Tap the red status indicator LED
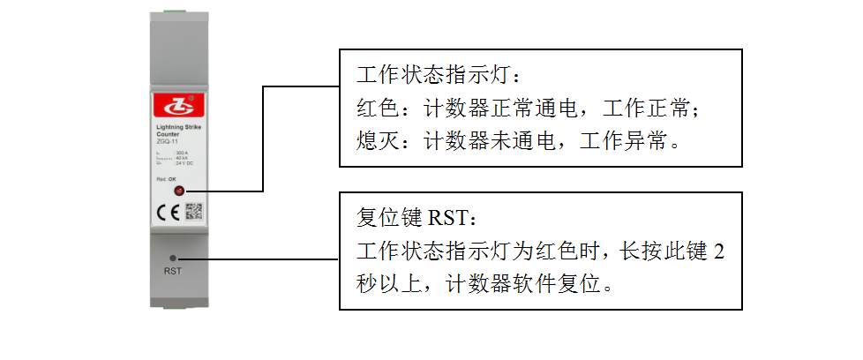pyautogui.click(x=179, y=191)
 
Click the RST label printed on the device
pyautogui.click(x=173, y=270)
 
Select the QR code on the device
pyautogui.click(x=194, y=212)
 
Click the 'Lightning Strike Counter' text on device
pyautogui.click(x=171, y=131)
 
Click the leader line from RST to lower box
pyautogui.click(x=265, y=259)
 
